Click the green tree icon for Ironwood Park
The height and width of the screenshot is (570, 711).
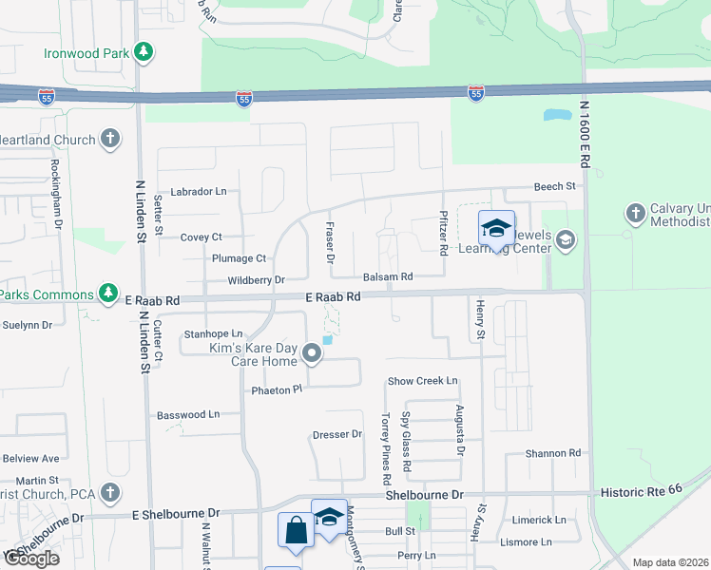click(x=144, y=51)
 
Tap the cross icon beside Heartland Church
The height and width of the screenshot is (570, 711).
click(x=110, y=140)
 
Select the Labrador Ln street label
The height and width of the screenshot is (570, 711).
click(x=198, y=191)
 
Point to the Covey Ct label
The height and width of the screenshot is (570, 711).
click(x=201, y=237)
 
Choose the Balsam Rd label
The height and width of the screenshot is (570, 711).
click(x=388, y=277)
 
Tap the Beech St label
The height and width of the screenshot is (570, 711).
click(x=555, y=187)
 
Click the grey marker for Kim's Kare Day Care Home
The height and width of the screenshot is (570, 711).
click(x=312, y=355)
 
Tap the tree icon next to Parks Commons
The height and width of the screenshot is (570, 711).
click(x=109, y=293)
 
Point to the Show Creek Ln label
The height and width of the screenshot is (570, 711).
click(x=422, y=381)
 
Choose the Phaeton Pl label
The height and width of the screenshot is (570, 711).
click(x=276, y=389)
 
